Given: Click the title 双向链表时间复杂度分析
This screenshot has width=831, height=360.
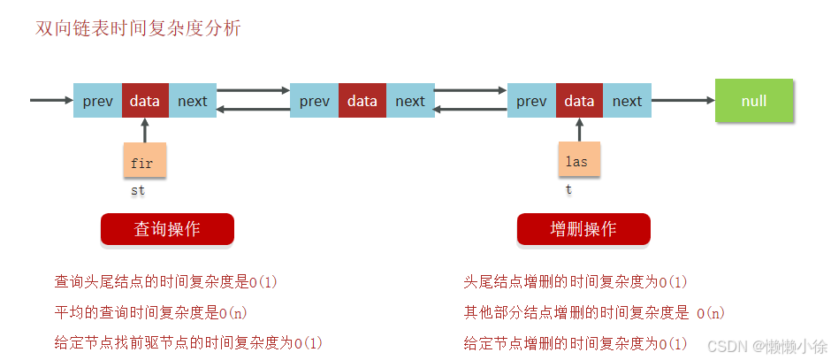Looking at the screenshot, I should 138,28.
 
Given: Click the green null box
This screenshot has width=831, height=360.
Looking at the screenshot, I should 754,101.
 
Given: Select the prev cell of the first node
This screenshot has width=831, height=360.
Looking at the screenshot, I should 97,101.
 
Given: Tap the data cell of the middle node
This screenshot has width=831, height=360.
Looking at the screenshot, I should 362,101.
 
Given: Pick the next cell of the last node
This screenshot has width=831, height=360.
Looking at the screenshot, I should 627,101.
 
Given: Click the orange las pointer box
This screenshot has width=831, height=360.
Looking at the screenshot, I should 578,161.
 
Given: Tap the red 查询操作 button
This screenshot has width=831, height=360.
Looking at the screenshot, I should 167,229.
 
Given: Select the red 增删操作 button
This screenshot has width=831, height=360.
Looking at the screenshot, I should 583,229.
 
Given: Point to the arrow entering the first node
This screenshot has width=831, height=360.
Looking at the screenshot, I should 51,100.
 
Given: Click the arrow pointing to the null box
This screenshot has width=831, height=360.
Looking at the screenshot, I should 682,101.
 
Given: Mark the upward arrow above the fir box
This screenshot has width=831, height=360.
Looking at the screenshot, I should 144,130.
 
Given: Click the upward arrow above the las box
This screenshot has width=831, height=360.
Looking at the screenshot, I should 579,130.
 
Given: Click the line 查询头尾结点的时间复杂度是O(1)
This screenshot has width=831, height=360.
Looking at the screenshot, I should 166,282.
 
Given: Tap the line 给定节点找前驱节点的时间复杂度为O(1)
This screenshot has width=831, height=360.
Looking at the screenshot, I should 188,342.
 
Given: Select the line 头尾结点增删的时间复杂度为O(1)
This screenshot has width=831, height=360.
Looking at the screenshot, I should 576,282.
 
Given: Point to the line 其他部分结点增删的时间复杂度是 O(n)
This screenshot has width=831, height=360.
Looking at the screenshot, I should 594,312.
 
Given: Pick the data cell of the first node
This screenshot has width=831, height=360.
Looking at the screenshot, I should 145,101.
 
